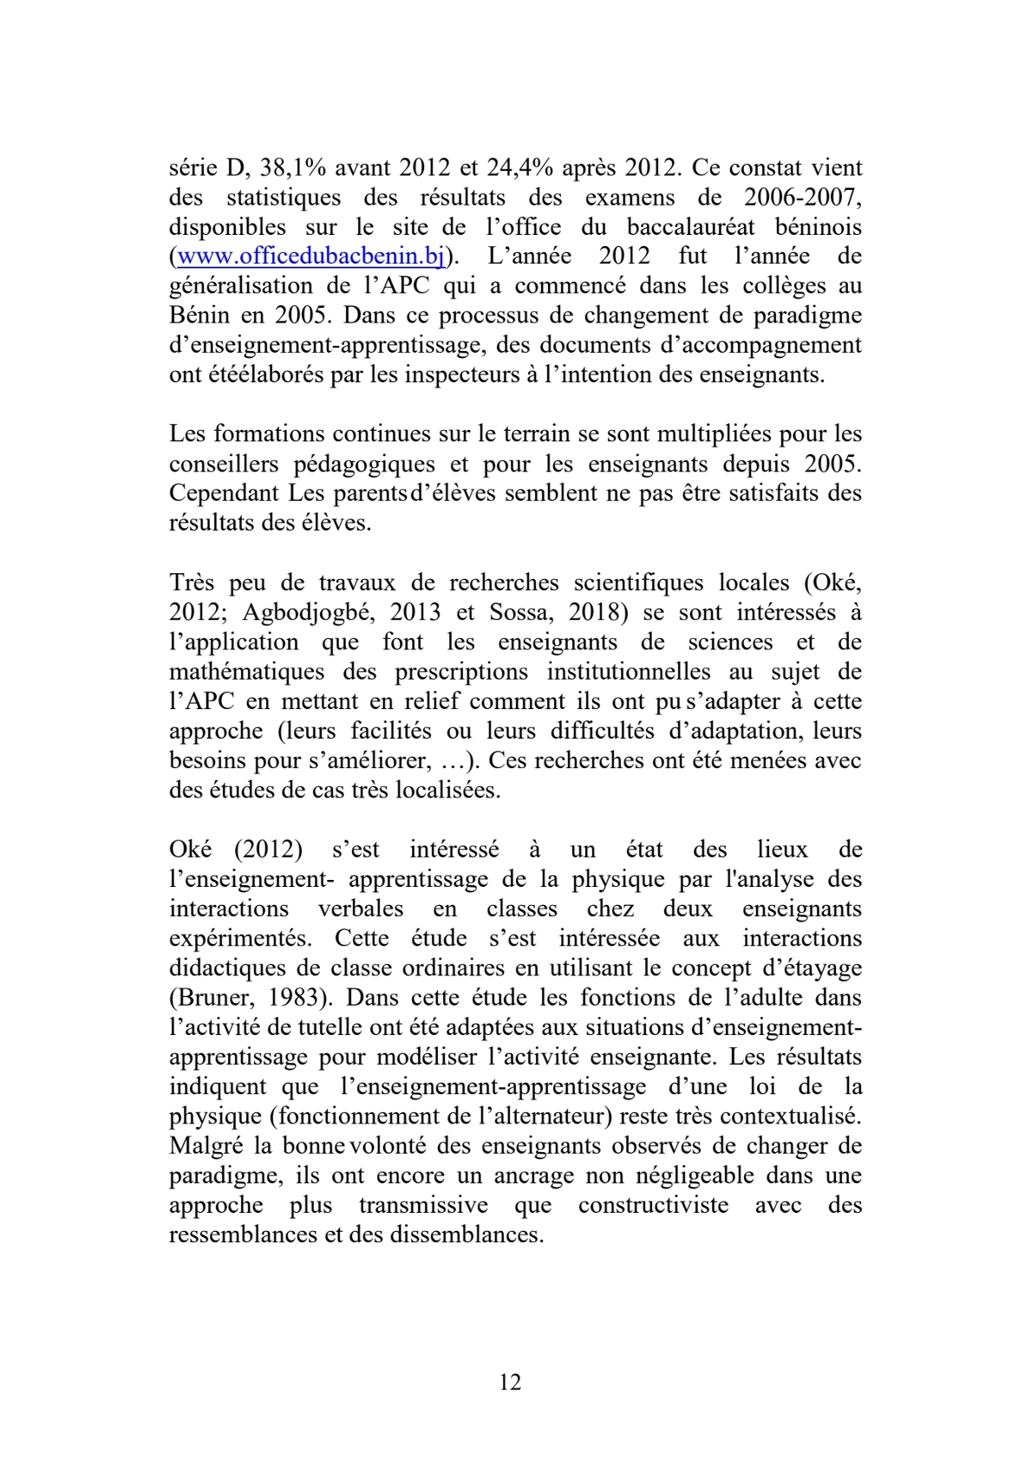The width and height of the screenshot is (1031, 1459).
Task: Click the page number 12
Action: click(511, 1382)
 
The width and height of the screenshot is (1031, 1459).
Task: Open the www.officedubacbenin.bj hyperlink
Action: click(310, 257)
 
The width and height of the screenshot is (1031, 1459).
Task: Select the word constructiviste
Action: click(653, 1205)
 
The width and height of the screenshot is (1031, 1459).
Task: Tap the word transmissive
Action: click(423, 1205)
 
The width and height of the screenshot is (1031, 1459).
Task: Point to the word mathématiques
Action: click(247, 672)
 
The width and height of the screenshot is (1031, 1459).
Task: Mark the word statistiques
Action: click(284, 198)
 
